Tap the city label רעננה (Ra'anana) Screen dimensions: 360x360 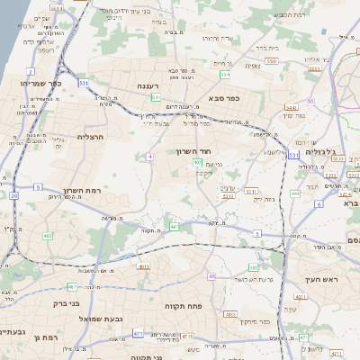tap(148, 85)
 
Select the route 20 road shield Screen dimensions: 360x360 tap(14, 194)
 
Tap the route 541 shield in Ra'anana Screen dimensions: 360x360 tap(156, 96)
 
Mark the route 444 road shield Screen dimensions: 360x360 tap(295, 193)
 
